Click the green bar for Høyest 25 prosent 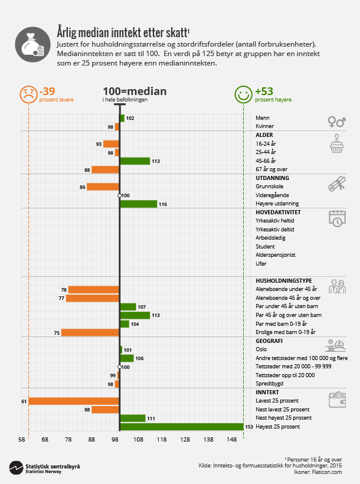point(181,426)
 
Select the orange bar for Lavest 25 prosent point(74,401)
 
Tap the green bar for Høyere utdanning point(138,204)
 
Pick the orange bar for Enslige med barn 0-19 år point(90,332)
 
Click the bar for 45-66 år point(135,161)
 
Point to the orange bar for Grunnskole point(103,187)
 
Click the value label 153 point(249,426)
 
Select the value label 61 point(24,401)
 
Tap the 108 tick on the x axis point(138,439)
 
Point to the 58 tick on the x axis point(22,439)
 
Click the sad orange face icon point(28,93)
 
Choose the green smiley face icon point(243,93)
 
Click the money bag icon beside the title point(30,44)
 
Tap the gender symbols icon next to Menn point(336,122)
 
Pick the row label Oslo point(261,349)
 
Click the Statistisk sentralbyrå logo point(44,467)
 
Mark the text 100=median point(135,91)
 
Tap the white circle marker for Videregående point(120,195)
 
